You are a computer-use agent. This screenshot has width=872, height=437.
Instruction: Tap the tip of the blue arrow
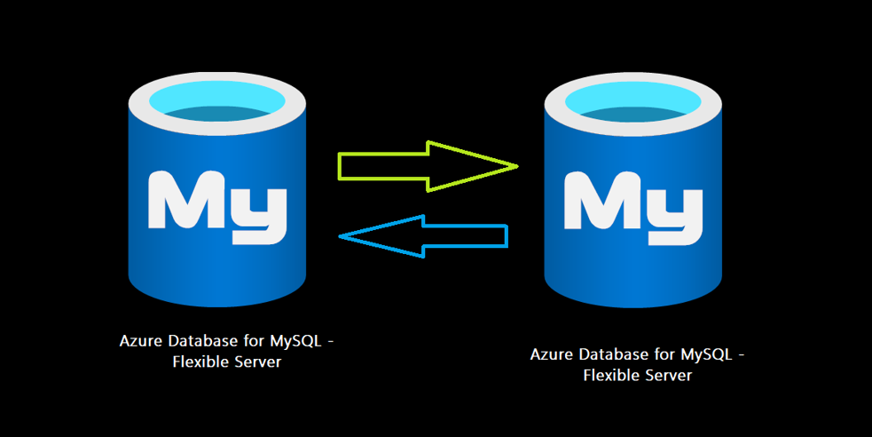click(342, 236)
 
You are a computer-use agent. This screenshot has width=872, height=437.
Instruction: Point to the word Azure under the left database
click(137, 342)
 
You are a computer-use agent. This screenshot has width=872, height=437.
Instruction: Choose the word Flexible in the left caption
click(200, 362)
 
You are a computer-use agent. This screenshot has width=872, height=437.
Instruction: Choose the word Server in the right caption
click(668, 375)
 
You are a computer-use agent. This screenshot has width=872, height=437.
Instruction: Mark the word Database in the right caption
click(606, 354)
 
